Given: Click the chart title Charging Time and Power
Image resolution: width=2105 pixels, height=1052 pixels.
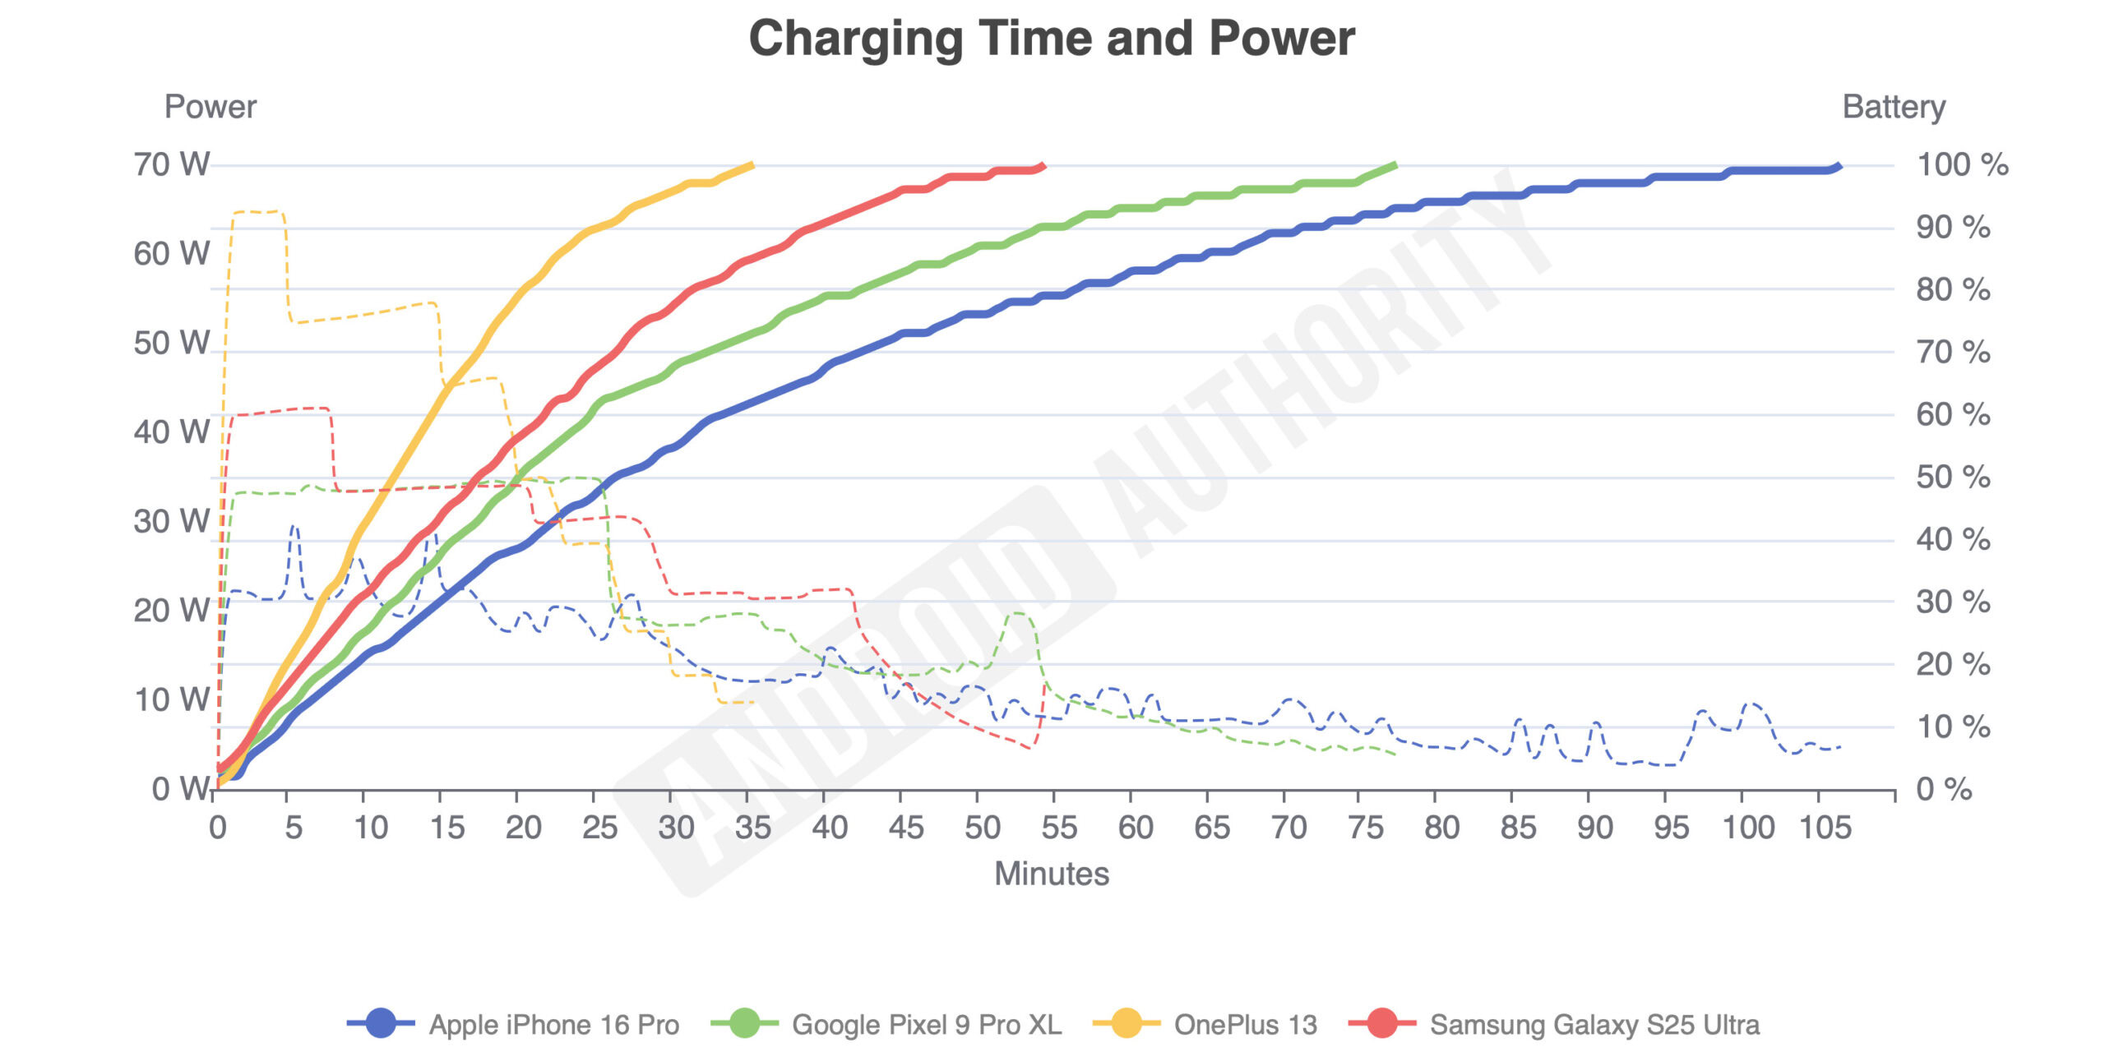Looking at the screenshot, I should pyautogui.click(x=1052, y=39).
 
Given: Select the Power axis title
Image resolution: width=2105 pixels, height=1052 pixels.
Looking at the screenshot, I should pyautogui.click(x=210, y=107).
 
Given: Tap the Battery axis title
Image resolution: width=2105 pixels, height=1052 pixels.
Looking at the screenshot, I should pyautogui.click(x=1894, y=107).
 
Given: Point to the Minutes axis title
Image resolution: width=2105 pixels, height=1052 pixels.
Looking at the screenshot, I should pyautogui.click(x=1052, y=874).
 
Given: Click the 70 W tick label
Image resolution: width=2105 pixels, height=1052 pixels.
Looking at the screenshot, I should pyautogui.click(x=172, y=164).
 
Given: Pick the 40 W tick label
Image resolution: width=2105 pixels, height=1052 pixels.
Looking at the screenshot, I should pyautogui.click(x=172, y=432).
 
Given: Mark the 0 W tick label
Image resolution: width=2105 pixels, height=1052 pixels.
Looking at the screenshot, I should pyautogui.click(x=181, y=789).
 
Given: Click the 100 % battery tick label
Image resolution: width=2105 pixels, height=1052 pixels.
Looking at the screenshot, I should pyautogui.click(x=1963, y=164).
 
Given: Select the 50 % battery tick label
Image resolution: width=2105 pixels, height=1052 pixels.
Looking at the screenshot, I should pyautogui.click(x=1953, y=477).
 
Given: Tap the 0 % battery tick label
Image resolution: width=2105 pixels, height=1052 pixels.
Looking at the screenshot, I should pyautogui.click(x=1944, y=789).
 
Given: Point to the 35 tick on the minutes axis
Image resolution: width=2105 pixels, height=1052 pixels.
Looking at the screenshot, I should pyautogui.click(x=753, y=828).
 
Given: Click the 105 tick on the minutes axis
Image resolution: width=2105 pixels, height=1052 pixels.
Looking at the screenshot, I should pyautogui.click(x=1825, y=828).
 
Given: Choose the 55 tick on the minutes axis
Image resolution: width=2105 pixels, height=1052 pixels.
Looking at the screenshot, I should pyautogui.click(x=1059, y=828).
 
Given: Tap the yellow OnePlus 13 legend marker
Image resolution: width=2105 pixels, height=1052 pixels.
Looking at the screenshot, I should pyautogui.click(x=1127, y=1024).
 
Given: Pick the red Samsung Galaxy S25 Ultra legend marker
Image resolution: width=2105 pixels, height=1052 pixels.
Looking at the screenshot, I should pyautogui.click(x=1383, y=1024).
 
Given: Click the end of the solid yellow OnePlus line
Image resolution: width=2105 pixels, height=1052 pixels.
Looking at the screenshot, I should pyautogui.click(x=752, y=165).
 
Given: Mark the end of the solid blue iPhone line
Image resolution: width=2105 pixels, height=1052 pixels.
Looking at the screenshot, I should pyautogui.click(x=1839, y=167).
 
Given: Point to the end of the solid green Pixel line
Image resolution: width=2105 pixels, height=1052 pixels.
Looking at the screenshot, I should pyautogui.click(x=1395, y=165).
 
